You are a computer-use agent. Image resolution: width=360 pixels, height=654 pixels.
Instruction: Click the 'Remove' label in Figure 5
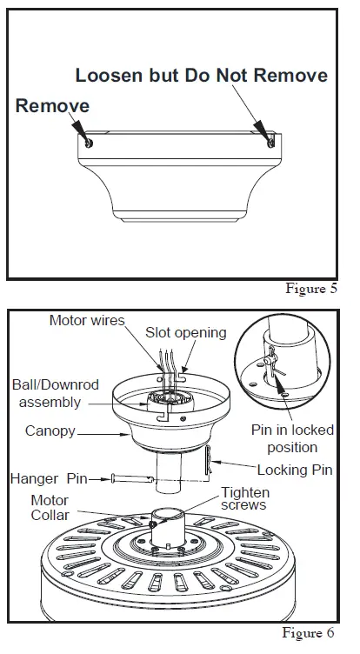52,105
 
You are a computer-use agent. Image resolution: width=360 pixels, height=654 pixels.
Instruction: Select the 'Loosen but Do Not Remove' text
201,76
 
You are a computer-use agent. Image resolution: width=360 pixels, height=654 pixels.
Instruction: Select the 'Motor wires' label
87,320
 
